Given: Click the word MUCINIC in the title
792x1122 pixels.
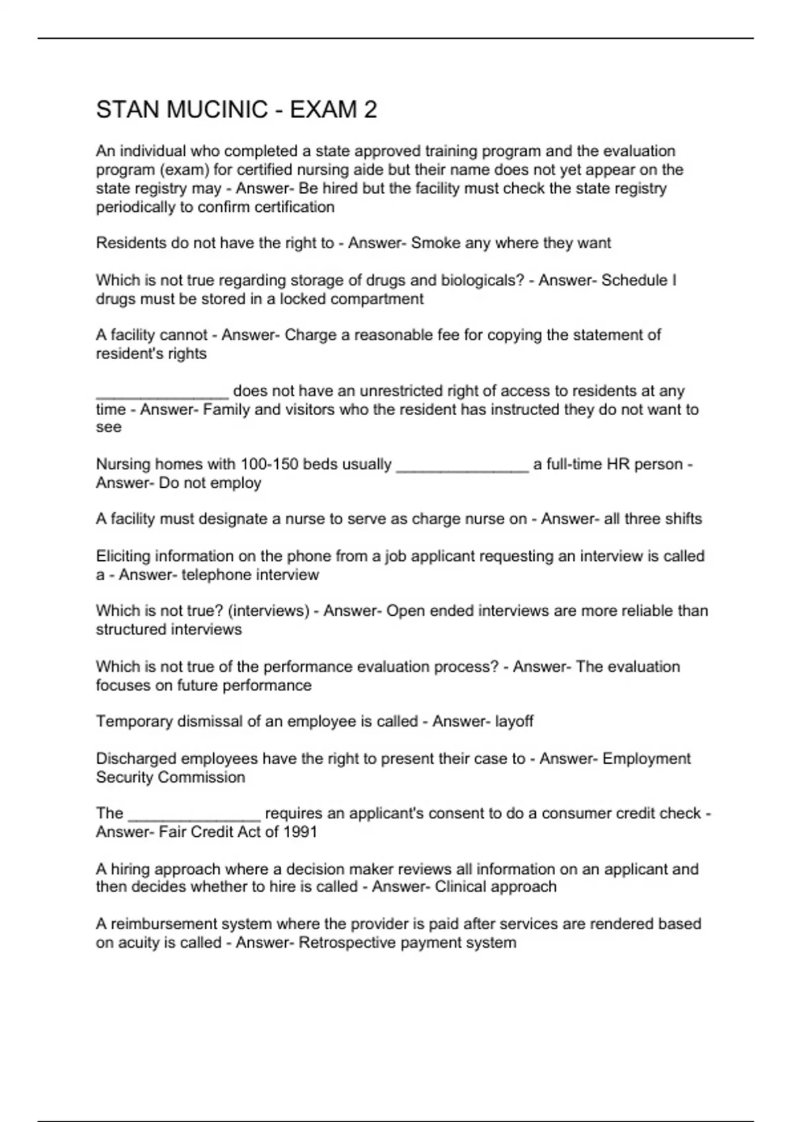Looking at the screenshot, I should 217,110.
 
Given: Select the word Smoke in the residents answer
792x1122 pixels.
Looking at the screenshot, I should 436,243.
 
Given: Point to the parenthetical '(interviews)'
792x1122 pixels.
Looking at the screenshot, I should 268,610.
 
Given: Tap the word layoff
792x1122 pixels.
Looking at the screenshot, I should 513,721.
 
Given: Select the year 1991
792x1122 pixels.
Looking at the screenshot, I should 300,832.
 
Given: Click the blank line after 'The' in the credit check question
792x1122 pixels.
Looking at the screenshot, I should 194,815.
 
